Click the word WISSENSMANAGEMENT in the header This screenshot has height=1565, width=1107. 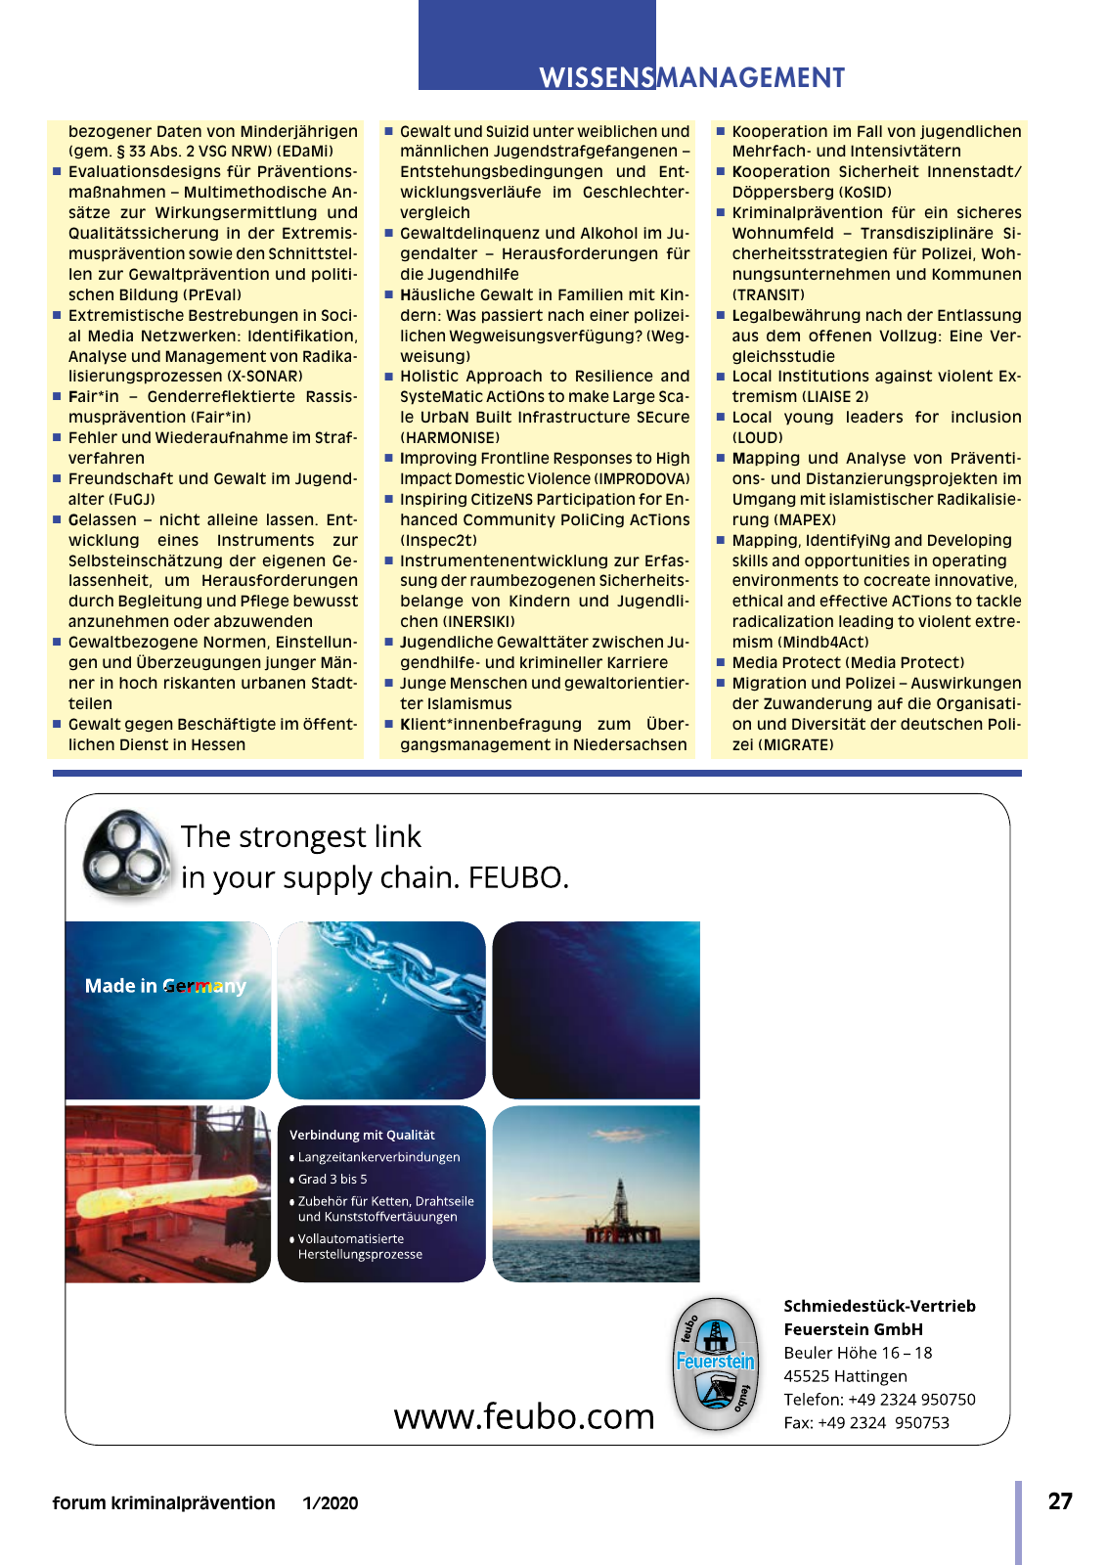point(691,78)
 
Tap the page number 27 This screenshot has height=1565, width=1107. point(1060,1501)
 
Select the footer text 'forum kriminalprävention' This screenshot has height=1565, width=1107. point(164,1503)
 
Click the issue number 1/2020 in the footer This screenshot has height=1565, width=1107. point(331,1503)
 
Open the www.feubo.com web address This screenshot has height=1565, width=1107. point(524,1416)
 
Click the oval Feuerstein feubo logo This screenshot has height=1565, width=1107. point(716,1364)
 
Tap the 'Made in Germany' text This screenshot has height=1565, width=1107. point(165,986)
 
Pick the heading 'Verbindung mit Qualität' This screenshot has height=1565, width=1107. point(362,1135)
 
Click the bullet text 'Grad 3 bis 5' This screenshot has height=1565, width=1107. point(332,1180)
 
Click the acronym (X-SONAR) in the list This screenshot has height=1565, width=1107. point(264,377)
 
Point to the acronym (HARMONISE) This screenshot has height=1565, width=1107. point(450,438)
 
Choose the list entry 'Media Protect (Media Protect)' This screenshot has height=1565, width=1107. point(848,663)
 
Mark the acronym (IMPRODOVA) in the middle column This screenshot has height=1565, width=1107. point(642,479)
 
